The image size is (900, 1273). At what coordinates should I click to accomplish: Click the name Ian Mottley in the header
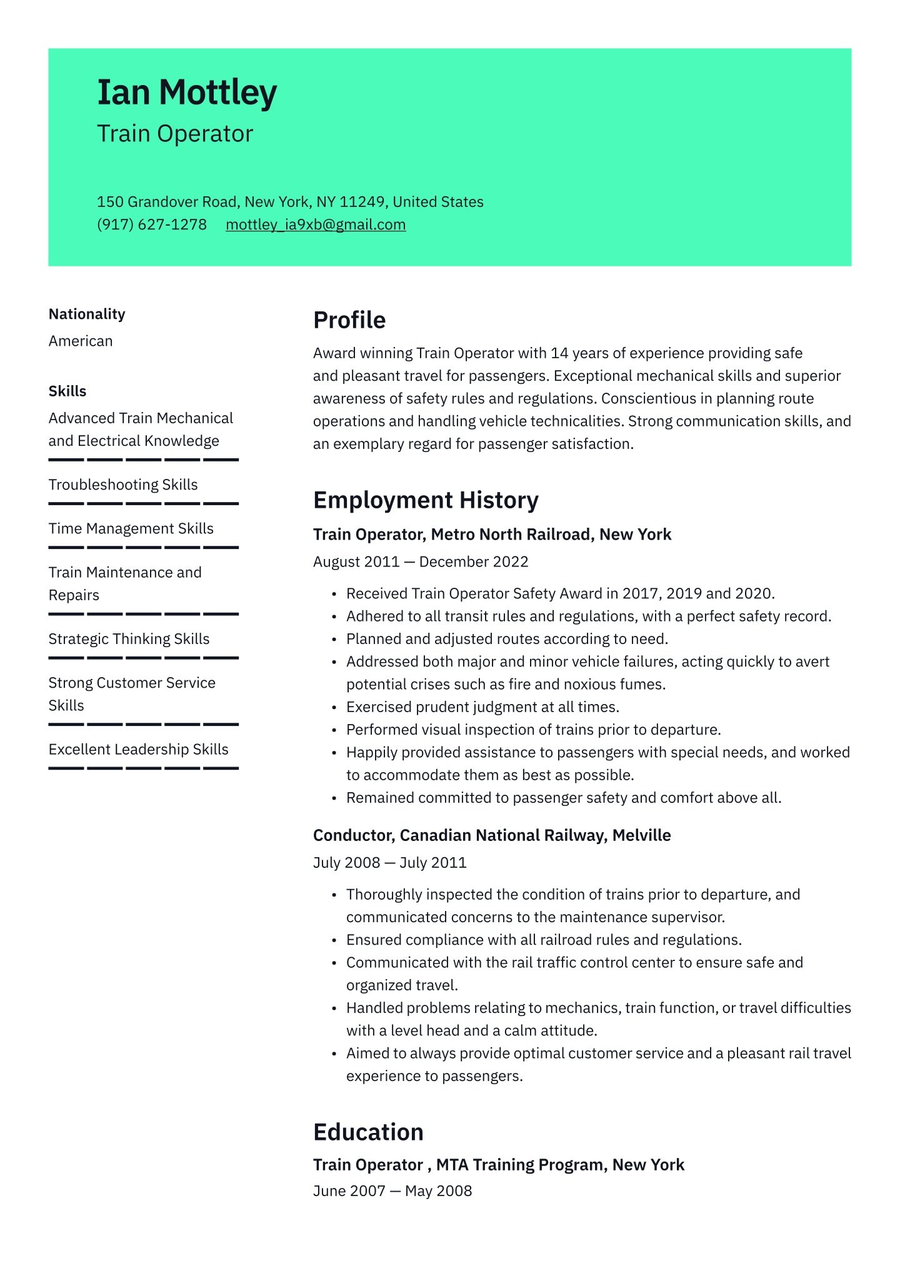click(x=186, y=93)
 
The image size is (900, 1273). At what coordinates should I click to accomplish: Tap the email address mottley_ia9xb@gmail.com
click(x=316, y=224)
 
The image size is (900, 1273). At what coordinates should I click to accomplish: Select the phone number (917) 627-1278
click(x=152, y=224)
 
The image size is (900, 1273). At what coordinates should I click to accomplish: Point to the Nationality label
click(x=87, y=314)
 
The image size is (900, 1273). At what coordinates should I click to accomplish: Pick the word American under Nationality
click(x=81, y=341)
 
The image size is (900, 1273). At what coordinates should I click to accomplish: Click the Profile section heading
click(x=349, y=320)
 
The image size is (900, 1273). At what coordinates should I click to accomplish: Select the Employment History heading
click(x=426, y=500)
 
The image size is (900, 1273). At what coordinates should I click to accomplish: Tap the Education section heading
click(x=368, y=1132)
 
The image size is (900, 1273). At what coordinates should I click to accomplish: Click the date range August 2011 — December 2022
click(x=421, y=562)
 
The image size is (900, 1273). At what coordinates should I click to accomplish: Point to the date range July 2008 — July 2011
click(x=390, y=863)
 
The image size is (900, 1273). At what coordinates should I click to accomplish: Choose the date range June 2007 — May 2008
click(x=392, y=1191)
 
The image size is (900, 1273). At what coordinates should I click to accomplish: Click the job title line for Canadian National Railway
click(x=492, y=835)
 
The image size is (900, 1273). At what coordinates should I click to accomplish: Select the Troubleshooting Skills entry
click(x=123, y=485)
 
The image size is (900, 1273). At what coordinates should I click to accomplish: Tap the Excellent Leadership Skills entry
click(x=139, y=749)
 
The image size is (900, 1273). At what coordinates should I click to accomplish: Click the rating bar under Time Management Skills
click(x=144, y=548)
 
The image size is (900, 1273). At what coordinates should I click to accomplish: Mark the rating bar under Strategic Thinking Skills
click(x=144, y=658)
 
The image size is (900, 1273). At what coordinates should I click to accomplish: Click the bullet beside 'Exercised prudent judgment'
click(x=334, y=707)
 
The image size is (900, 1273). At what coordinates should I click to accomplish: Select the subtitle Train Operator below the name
click(x=175, y=134)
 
